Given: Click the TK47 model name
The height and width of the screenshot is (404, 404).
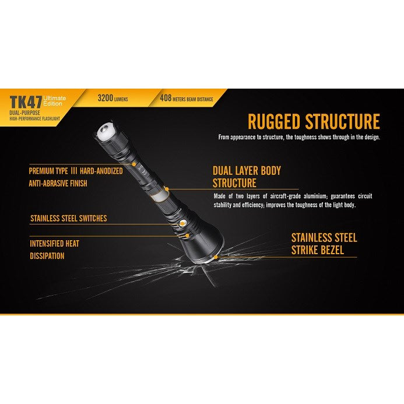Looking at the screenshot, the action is click(x=26, y=102).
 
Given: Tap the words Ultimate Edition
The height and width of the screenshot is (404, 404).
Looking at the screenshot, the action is click(x=54, y=101).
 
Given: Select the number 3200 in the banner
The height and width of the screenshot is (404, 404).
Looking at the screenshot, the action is click(x=106, y=98).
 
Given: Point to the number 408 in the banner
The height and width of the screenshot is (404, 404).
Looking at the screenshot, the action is click(x=166, y=98).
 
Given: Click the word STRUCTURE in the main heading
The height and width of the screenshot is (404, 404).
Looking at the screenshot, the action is click(x=343, y=121).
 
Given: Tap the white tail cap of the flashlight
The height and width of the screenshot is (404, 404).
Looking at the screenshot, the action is click(x=106, y=131).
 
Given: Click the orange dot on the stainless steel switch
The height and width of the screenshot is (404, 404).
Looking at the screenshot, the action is click(x=182, y=224).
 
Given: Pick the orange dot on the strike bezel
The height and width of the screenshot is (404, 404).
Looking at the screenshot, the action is click(x=216, y=257).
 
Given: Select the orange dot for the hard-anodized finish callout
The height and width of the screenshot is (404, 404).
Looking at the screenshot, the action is click(x=134, y=164).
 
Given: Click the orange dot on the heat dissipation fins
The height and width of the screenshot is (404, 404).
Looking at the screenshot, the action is click(x=188, y=236).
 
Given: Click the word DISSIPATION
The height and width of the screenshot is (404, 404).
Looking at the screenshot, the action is click(x=47, y=256).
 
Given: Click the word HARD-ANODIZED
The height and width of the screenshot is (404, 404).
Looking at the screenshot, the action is click(x=101, y=171).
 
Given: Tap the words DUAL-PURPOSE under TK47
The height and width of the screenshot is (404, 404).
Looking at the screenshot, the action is click(x=24, y=113).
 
